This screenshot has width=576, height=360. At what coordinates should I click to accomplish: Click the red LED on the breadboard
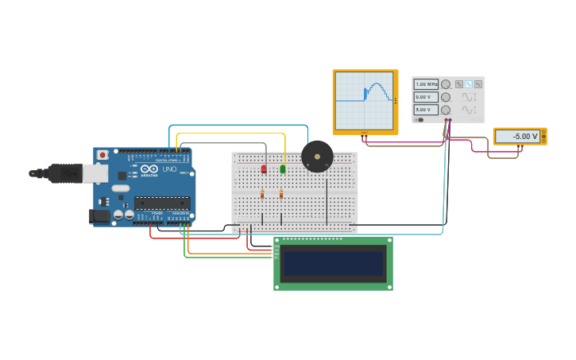coord(264,168)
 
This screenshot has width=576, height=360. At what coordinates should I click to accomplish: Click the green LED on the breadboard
coord(283,168)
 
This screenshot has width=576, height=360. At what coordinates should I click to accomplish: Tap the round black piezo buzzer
coord(317,157)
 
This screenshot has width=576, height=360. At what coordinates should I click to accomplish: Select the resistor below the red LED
coord(262,194)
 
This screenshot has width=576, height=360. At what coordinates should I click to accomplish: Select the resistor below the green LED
coord(281,194)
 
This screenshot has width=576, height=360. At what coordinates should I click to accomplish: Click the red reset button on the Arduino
coord(102,155)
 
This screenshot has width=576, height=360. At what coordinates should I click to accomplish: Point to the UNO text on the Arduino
coord(169,168)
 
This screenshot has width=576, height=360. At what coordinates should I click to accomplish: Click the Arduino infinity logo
coord(149,168)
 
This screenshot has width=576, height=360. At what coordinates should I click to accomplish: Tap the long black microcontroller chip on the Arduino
coord(162,203)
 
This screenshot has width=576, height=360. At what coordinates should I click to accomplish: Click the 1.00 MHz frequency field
coord(426,83)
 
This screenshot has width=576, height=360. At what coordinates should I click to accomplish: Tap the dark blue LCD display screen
coord(333,264)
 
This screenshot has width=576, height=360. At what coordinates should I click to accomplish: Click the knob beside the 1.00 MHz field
coord(446,84)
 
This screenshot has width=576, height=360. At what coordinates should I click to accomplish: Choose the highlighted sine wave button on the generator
coord(469,83)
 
